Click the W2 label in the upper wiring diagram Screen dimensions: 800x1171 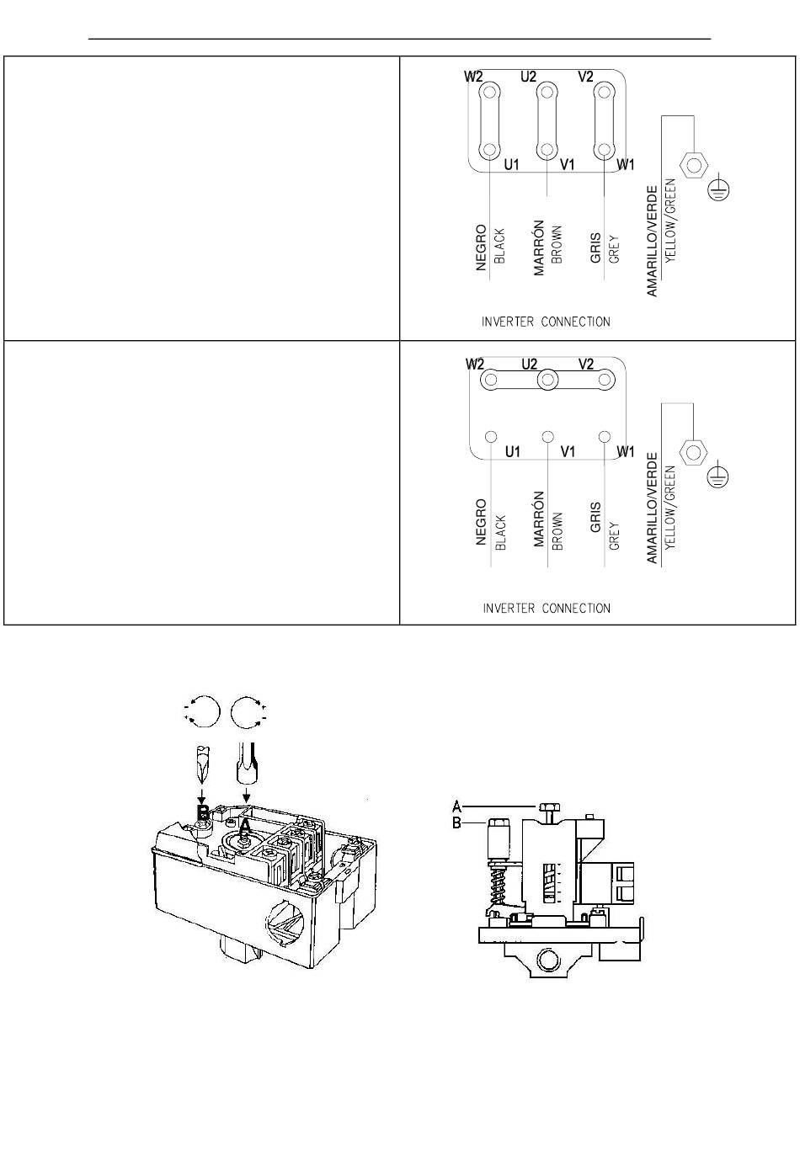(473, 77)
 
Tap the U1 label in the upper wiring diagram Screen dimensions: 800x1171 (511, 165)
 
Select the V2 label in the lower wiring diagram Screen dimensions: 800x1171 (586, 364)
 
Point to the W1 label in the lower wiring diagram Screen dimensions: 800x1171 (626, 451)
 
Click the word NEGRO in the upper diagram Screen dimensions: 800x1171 (481, 248)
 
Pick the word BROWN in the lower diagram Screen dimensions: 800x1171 (557, 531)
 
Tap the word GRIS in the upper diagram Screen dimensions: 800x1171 (595, 248)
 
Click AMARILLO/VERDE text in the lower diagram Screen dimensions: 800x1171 (652, 508)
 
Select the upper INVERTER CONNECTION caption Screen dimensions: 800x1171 (546, 322)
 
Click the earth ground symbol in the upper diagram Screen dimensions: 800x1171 (719, 189)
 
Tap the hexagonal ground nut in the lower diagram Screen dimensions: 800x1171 (693, 452)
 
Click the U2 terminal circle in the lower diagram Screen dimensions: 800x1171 (547, 380)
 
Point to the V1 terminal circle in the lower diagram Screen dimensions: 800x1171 (547, 437)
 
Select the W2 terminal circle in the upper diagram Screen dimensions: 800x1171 (490, 93)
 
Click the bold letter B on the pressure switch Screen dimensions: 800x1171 (203, 812)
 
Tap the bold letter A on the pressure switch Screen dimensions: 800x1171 (245, 827)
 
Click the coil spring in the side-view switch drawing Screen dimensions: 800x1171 (499, 883)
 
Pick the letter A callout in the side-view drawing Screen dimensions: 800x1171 (457, 806)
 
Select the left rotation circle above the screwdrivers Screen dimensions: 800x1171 (202, 711)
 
